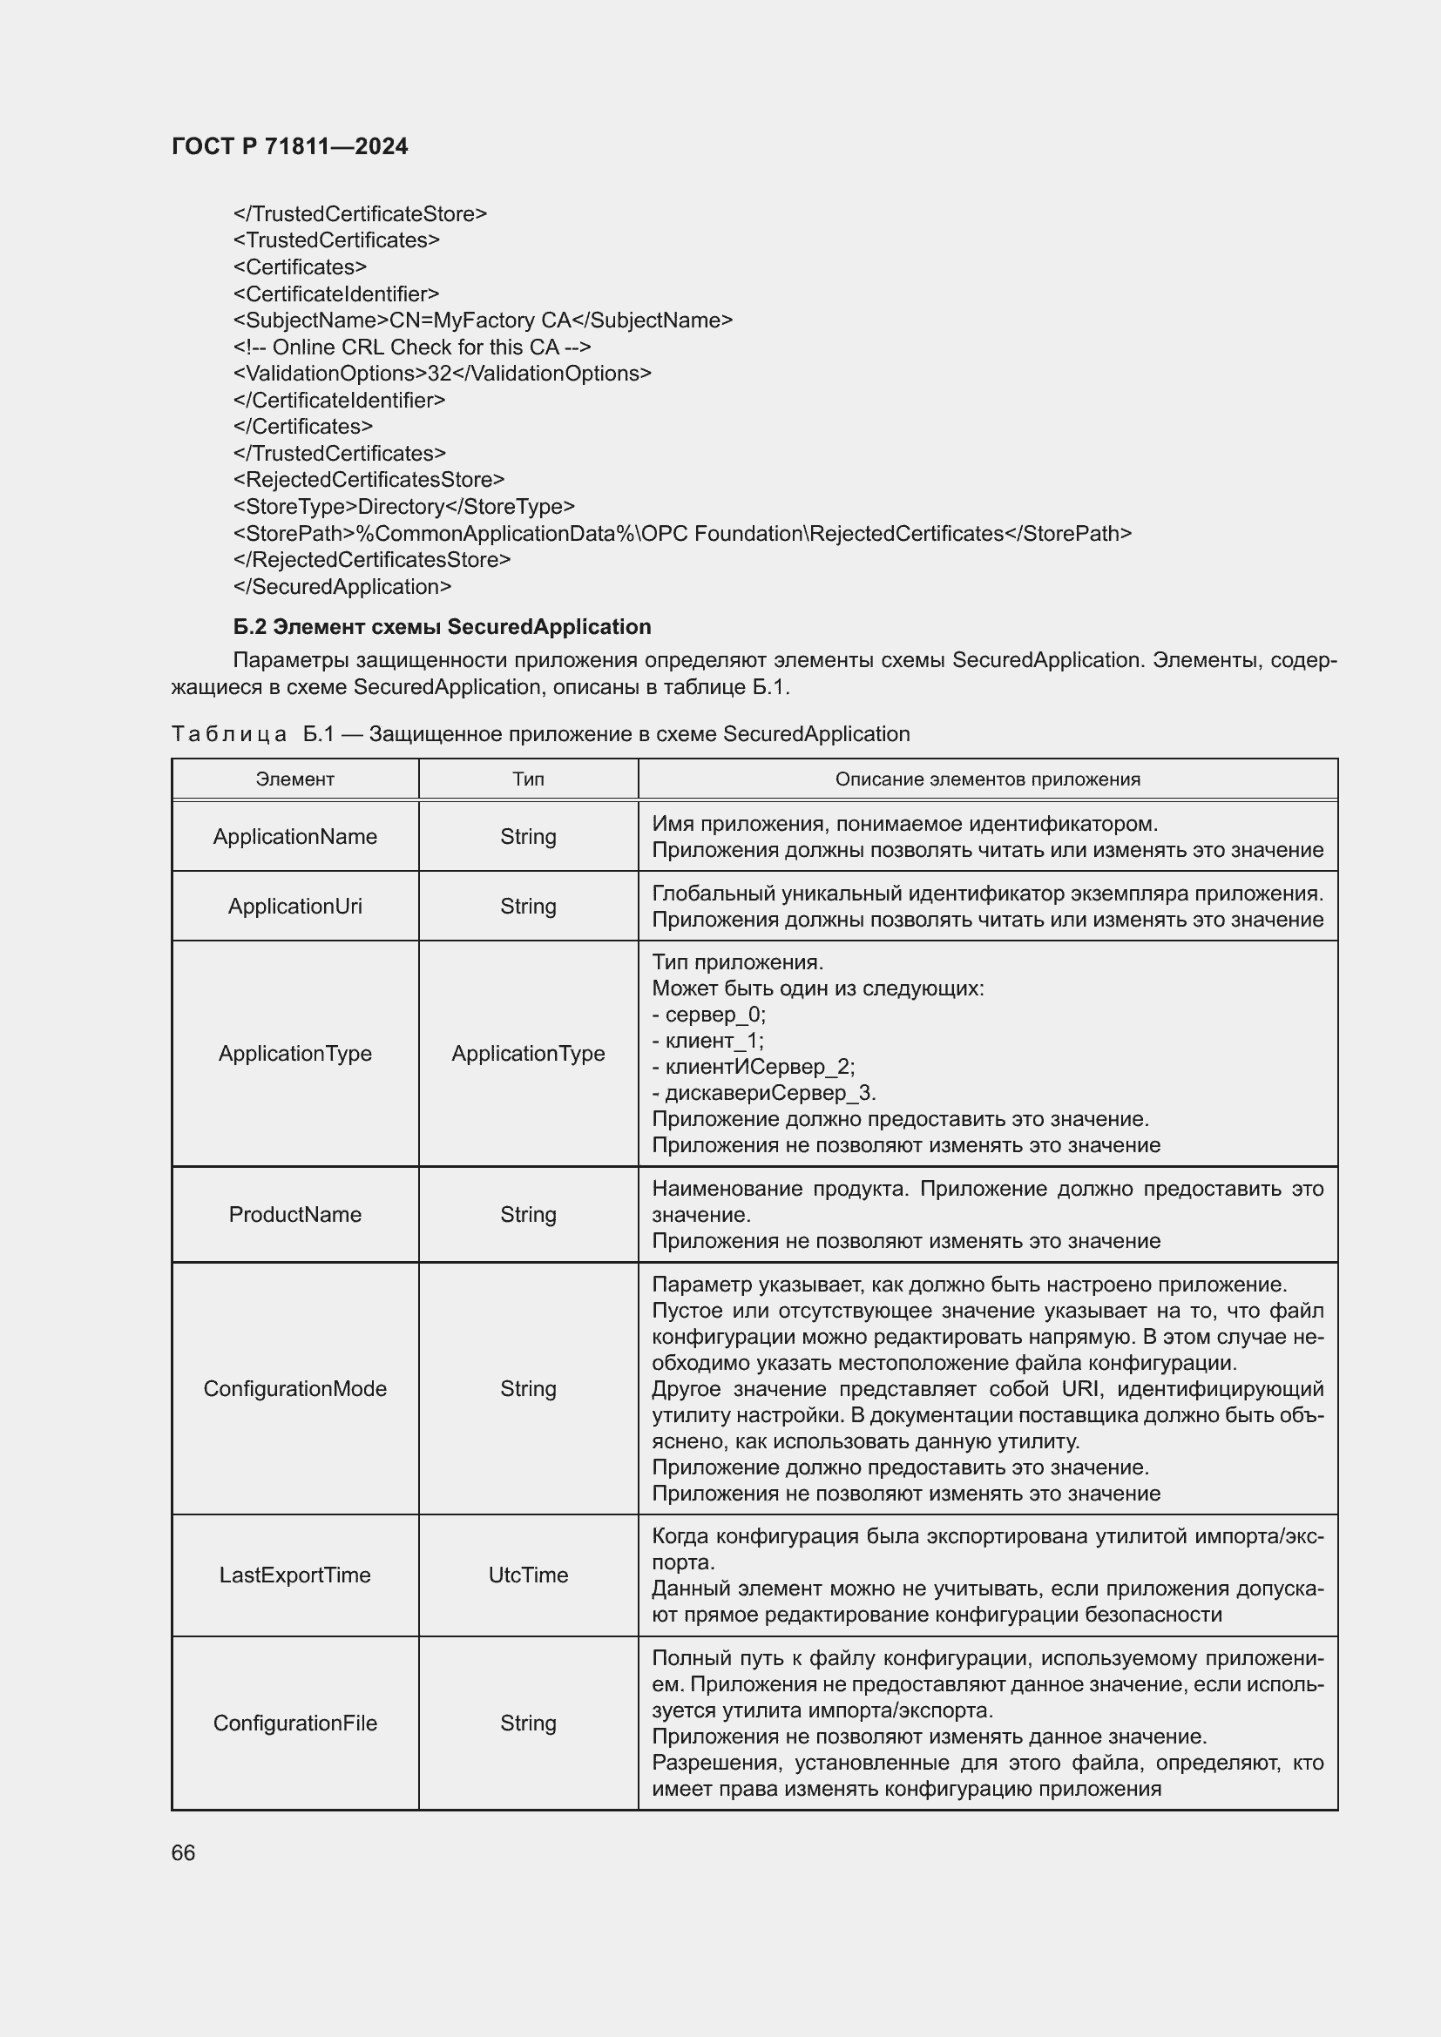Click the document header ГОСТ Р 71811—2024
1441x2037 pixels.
pyautogui.click(x=289, y=146)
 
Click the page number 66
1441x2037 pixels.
pyautogui.click(x=183, y=1852)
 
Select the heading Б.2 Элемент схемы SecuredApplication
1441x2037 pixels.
pyautogui.click(x=442, y=626)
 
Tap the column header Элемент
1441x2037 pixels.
pyautogui.click(x=294, y=779)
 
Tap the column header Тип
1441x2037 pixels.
pyautogui.click(x=528, y=779)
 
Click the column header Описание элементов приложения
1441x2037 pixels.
pyautogui.click(x=987, y=779)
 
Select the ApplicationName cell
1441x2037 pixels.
pyautogui.click(x=294, y=836)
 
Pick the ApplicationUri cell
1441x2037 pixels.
pyautogui.click(x=294, y=906)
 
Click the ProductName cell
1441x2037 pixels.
pyautogui.click(x=294, y=1214)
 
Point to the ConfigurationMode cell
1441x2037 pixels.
pyautogui.click(x=294, y=1388)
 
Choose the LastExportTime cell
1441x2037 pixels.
pyautogui.click(x=294, y=1575)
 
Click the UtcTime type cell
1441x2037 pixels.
pyautogui.click(x=528, y=1575)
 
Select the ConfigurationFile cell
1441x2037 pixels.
pyautogui.click(x=294, y=1723)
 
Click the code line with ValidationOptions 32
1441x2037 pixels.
pyautogui.click(x=442, y=374)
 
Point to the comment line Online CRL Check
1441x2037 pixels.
pyautogui.click(x=412, y=347)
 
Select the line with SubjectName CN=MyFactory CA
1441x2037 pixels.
pyautogui.click(x=483, y=320)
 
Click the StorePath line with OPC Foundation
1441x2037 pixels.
pyautogui.click(x=681, y=533)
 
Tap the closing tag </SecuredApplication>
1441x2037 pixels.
pyautogui.click(x=342, y=586)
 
